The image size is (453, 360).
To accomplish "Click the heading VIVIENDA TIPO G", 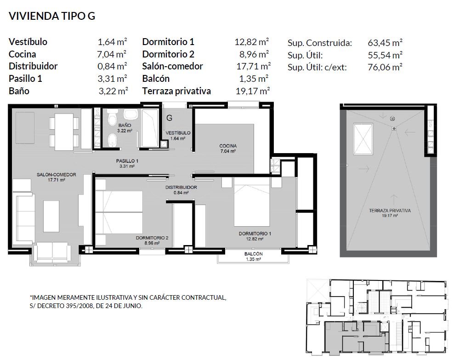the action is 52,16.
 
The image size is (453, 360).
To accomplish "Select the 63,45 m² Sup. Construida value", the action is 385,43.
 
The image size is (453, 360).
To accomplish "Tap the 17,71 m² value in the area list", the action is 253,66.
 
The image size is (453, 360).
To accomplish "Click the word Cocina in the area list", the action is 23,54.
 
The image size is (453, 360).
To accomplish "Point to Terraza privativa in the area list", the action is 176,91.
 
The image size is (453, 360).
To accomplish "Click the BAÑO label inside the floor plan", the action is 125,125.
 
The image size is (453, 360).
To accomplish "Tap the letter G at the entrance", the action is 170,118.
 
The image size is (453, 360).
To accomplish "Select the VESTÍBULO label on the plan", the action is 178,133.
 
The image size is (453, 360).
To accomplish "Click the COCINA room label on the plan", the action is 228,146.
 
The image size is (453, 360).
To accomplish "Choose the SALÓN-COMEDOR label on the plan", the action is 57,175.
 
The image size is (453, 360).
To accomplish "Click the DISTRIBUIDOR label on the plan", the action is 181,188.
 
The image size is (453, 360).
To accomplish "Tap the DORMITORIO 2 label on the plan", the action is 152,238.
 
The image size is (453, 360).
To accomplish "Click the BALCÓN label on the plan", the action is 253,254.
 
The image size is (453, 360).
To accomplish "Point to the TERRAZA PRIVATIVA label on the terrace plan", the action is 390,211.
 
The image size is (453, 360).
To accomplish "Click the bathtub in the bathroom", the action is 150,128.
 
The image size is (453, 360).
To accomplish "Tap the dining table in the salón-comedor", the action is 64,132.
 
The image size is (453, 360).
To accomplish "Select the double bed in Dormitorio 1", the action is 252,201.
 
